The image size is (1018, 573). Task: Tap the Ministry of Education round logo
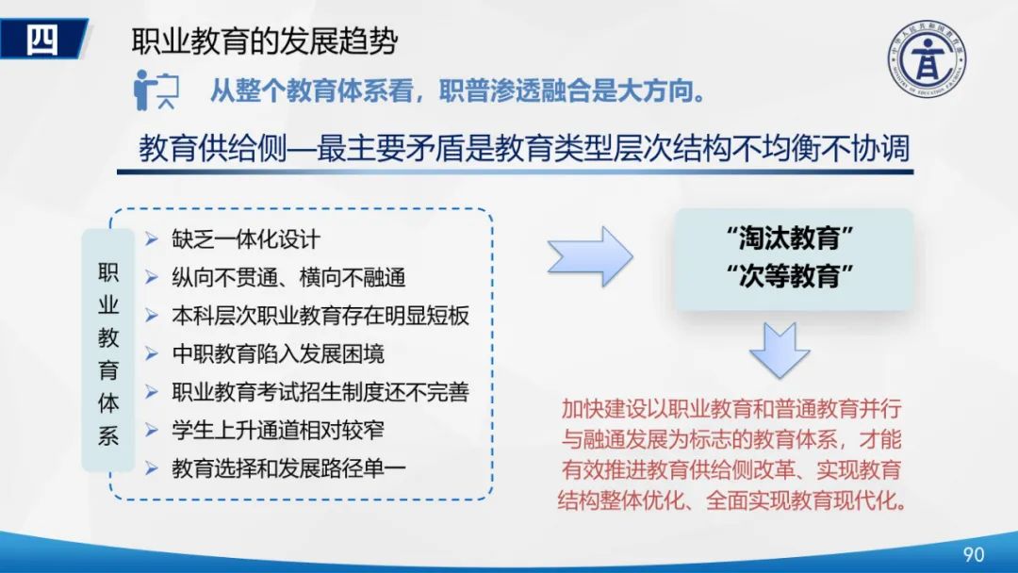(x=928, y=58)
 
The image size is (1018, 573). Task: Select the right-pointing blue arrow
(x=590, y=255)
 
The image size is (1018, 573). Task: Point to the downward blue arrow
(x=780, y=348)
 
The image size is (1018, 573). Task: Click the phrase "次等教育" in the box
(x=791, y=277)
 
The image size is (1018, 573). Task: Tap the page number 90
(x=972, y=553)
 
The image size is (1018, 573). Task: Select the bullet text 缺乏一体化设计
(x=246, y=239)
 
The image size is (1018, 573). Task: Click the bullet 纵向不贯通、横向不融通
(x=288, y=277)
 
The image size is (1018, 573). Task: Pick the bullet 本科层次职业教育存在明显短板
(x=320, y=316)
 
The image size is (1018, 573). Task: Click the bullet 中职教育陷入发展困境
(x=278, y=353)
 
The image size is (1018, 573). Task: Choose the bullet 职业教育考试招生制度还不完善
(x=320, y=392)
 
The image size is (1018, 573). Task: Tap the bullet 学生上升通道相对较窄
(x=278, y=430)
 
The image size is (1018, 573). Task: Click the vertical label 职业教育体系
(x=108, y=352)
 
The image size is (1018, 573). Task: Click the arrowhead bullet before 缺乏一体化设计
(x=152, y=239)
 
